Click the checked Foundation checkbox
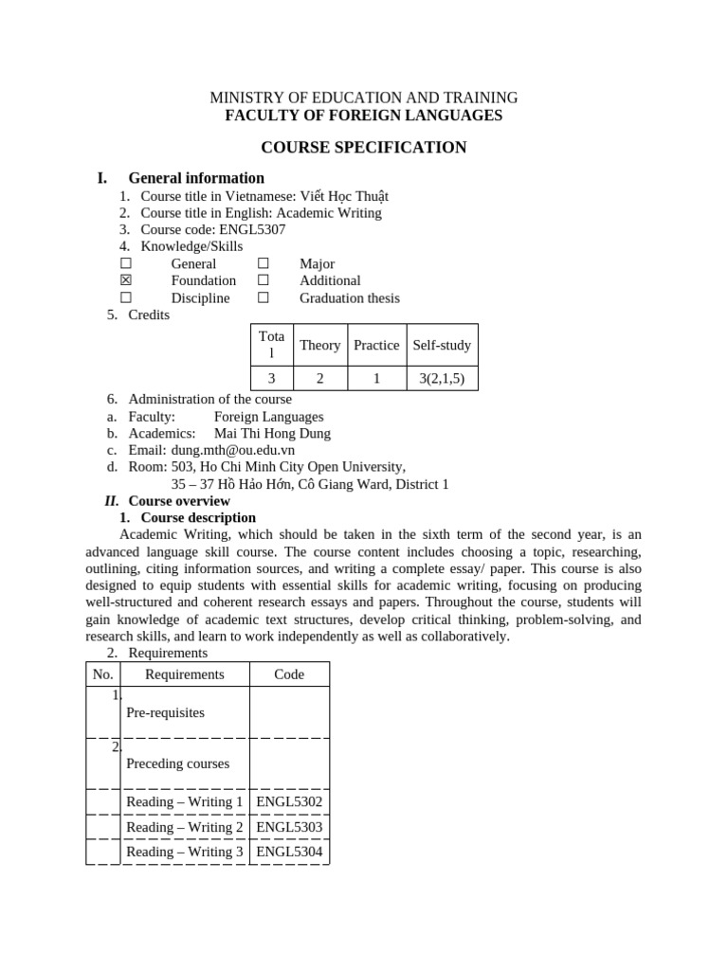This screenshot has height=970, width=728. pyautogui.click(x=126, y=280)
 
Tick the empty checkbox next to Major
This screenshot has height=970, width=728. pyautogui.click(x=264, y=263)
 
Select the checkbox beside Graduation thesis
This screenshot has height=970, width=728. pyautogui.click(x=264, y=297)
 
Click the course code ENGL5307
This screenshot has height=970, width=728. pyautogui.click(x=252, y=229)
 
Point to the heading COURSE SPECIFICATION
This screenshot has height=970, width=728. pyautogui.click(x=364, y=147)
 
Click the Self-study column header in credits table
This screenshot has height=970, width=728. pyautogui.click(x=442, y=345)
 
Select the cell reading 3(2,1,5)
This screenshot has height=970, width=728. pyautogui.click(x=442, y=378)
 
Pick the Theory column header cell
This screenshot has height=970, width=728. pyautogui.click(x=319, y=345)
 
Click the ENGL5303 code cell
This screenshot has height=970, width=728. pyautogui.click(x=289, y=827)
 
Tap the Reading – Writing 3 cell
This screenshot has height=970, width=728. pyautogui.click(x=185, y=852)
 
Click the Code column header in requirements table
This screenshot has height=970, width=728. pyautogui.click(x=289, y=674)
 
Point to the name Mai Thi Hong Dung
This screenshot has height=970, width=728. pyautogui.click(x=272, y=433)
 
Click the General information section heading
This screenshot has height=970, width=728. pyautogui.click(x=196, y=178)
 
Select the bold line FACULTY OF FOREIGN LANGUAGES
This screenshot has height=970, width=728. pyautogui.click(x=364, y=116)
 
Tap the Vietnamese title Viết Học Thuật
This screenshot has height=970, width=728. pyautogui.click(x=344, y=196)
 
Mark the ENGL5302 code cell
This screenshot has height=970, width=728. pyautogui.click(x=289, y=801)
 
